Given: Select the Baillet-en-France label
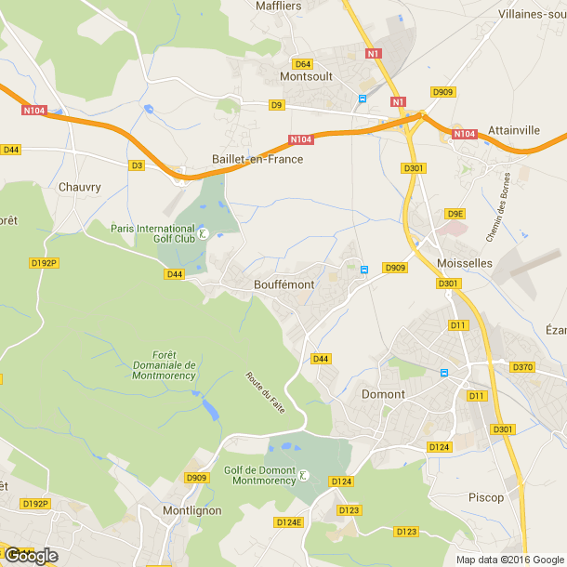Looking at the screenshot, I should (x=257, y=159).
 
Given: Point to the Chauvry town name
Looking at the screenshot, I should (x=79, y=186).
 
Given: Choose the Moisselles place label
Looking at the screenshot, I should (x=465, y=263).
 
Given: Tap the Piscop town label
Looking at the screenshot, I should (x=486, y=497).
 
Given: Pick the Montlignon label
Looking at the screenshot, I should (x=191, y=510).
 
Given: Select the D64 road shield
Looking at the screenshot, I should (x=303, y=64).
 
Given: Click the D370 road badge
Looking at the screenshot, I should (x=522, y=367).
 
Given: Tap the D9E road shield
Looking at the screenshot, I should (x=455, y=214).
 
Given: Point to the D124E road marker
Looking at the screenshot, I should (x=289, y=522).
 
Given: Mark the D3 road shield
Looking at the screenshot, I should (x=137, y=165).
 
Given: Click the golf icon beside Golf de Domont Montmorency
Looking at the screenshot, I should (x=304, y=477).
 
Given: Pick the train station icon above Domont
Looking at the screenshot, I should (x=444, y=374).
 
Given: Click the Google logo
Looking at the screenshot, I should (x=31, y=556).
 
